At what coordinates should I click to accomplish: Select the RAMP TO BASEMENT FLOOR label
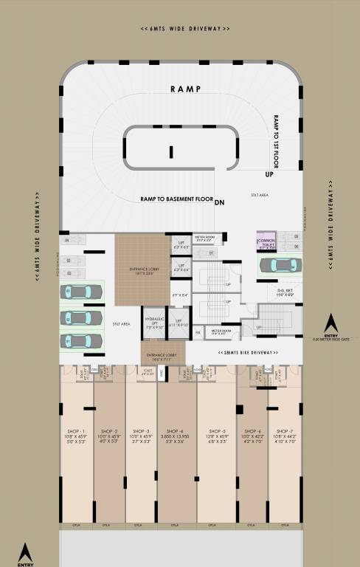176,199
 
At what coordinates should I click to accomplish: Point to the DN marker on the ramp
219,202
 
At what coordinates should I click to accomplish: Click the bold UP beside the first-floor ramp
270,175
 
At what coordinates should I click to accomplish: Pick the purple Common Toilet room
266,242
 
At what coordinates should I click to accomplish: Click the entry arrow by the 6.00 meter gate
332,323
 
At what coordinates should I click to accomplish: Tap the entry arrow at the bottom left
26,551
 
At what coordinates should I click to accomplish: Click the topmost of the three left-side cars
80,293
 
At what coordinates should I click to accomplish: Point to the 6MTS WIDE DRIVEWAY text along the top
185,29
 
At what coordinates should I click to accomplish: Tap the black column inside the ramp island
170,152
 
